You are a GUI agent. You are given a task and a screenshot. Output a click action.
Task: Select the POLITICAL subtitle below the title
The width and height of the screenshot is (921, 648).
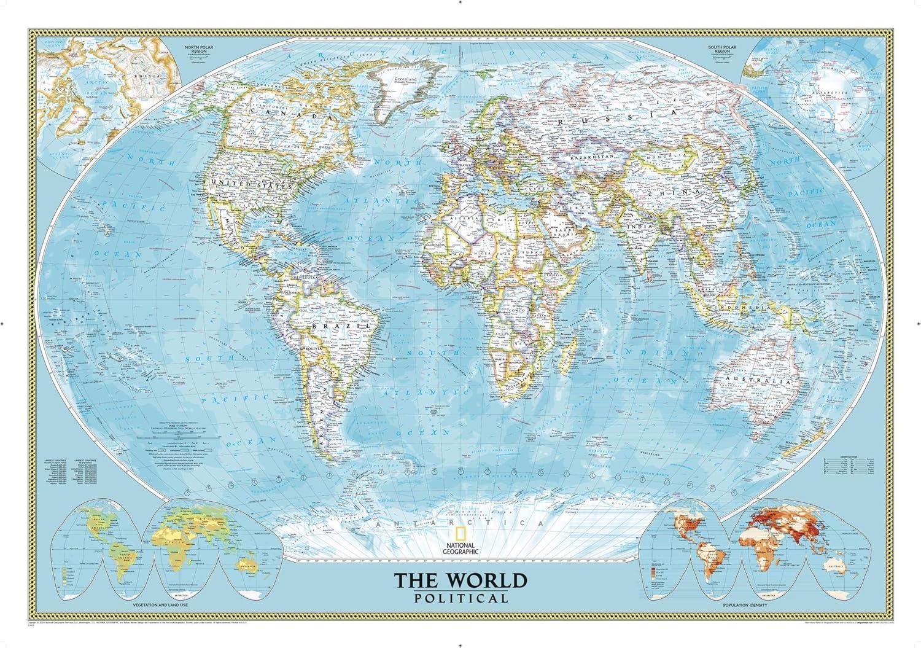coord(460,598)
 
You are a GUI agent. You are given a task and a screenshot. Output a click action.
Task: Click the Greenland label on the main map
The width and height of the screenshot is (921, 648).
coord(405,79)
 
